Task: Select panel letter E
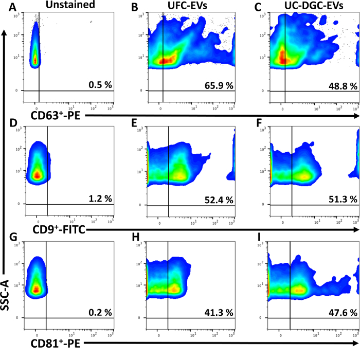[135, 123]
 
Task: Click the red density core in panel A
[35, 60]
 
